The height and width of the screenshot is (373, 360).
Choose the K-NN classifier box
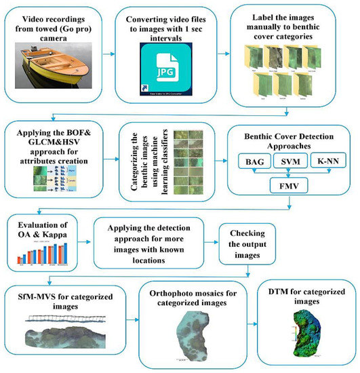point(329,161)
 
